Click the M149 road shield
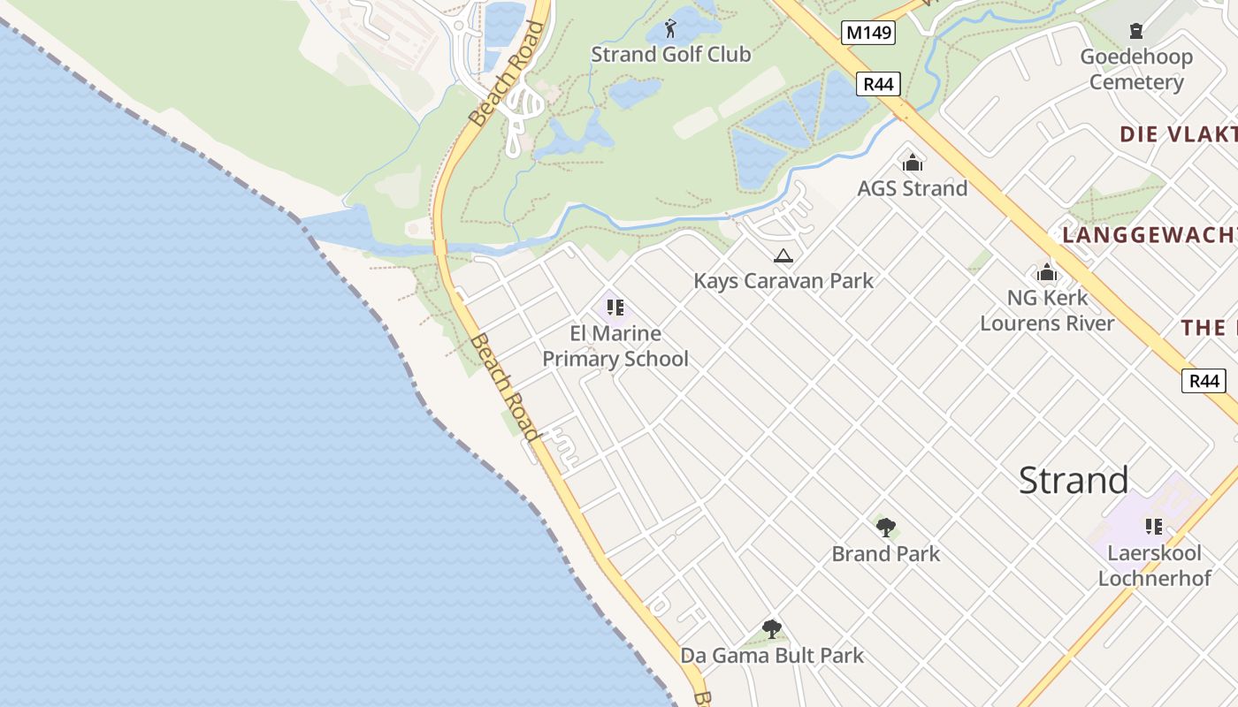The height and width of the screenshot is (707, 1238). tap(867, 34)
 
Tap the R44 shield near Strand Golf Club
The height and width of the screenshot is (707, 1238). tap(878, 85)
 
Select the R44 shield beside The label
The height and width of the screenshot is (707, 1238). tap(1204, 381)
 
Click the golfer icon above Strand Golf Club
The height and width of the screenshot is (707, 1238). tap(670, 28)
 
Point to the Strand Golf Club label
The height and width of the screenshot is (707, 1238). tap(670, 55)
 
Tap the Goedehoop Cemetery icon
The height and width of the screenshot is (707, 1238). tap(1136, 32)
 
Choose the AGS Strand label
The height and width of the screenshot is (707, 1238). tap(912, 188)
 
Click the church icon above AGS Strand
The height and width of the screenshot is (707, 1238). tap(912, 163)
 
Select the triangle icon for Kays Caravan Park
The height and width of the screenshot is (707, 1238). tap(783, 256)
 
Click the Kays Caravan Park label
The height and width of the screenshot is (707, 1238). tap(783, 281)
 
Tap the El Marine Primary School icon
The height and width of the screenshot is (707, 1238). tap(615, 308)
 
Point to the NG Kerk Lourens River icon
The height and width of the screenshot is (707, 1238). tap(1047, 272)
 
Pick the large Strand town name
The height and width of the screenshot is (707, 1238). tap(1073, 480)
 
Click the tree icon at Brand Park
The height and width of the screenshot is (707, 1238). tap(885, 528)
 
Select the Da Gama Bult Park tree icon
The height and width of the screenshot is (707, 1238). tap(772, 629)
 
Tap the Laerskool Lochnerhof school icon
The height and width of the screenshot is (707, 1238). tap(1154, 527)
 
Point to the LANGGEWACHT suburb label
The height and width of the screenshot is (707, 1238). tap(1149, 235)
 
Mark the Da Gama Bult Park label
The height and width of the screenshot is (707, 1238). tap(771, 656)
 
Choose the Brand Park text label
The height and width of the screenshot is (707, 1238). tap(885, 554)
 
